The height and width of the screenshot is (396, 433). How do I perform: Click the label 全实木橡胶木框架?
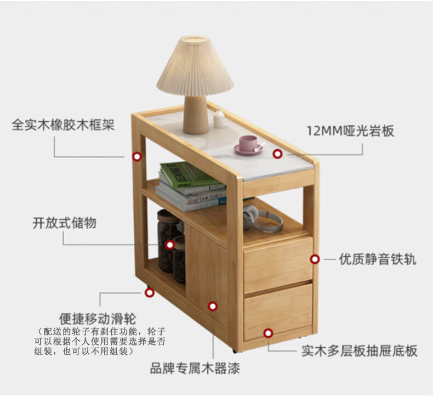point(63,125)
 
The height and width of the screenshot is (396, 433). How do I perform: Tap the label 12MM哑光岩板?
point(350,131)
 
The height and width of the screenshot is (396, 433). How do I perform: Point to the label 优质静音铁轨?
point(377,259)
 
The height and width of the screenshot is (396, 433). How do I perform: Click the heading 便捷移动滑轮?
point(98,318)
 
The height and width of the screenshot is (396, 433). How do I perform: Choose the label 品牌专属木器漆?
point(195,368)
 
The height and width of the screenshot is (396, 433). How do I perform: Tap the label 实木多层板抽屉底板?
point(359,350)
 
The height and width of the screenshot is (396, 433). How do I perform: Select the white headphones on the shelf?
point(262,218)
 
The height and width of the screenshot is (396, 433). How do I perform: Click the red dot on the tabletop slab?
point(277,155)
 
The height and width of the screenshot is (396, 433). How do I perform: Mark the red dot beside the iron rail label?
point(315,259)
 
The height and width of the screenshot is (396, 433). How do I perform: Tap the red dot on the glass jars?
point(170,245)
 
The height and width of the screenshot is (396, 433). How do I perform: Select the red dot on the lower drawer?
point(268,332)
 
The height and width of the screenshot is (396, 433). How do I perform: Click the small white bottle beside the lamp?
point(219,119)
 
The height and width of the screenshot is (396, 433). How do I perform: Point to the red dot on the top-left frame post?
point(137,156)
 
